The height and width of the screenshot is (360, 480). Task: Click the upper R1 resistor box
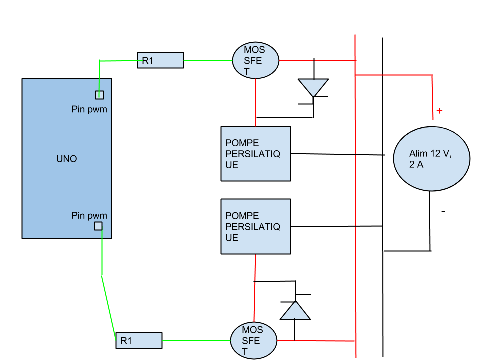pos(160,60)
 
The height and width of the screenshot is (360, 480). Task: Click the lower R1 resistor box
pos(139,340)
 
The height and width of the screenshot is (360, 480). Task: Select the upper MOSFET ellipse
pos(255,60)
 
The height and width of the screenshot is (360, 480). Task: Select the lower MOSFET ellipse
pos(254,340)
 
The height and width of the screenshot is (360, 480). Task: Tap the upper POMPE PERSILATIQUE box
pos(255,153)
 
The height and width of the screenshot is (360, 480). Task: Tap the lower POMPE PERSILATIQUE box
pos(255,226)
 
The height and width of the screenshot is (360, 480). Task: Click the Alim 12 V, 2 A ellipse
pos(432,158)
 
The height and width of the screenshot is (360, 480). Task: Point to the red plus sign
pos(439,111)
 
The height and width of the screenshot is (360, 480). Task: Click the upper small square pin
pos(99,95)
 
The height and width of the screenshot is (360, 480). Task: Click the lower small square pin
pos(98,226)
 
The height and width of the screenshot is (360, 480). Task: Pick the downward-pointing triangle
pos(313,86)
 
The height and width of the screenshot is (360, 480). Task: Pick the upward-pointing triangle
pos(295,312)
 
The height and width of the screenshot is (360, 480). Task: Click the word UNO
pos(67,159)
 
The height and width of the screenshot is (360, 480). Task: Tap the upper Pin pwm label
pos(89,109)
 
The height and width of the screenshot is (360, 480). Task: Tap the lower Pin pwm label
pos(89,216)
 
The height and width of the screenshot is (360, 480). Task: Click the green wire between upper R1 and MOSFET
pos(208,61)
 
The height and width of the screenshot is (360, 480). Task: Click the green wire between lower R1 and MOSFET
pos(196,340)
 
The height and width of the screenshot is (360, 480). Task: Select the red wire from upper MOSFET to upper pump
pos(255,102)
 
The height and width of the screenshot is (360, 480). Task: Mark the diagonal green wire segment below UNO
pos(109,305)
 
